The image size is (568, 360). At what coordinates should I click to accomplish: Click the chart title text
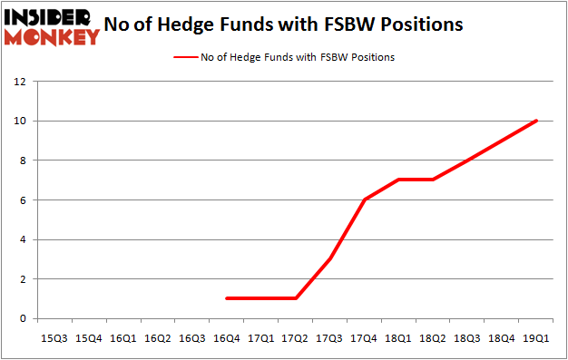[x=283, y=24]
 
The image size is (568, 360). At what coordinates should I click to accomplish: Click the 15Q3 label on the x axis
[x=54, y=337]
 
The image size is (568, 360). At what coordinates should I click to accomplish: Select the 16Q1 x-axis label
[x=122, y=337]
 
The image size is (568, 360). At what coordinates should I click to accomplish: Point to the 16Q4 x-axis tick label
[x=226, y=337]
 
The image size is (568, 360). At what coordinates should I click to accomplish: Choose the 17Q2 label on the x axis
[x=295, y=337]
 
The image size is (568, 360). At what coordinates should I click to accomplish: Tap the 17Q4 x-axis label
[x=364, y=337]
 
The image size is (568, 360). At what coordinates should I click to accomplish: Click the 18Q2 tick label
[x=433, y=337]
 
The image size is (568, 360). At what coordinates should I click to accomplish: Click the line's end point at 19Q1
[x=536, y=121]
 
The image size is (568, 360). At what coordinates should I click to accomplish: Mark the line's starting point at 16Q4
[x=226, y=298]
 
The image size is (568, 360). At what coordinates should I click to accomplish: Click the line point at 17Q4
[x=364, y=199]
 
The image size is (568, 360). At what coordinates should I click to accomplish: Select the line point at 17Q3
[x=329, y=259]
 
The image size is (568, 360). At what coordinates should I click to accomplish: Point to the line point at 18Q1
[x=398, y=180]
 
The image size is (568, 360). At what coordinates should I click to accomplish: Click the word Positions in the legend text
[x=373, y=57]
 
